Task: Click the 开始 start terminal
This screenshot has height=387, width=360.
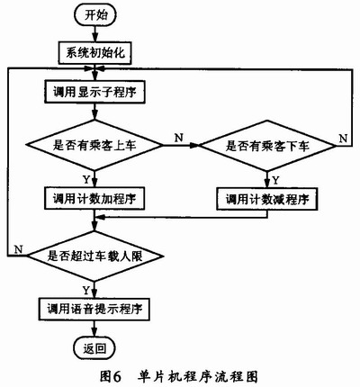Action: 94,15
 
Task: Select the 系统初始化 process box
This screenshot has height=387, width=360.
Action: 94,53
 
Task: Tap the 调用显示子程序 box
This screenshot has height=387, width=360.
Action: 94,92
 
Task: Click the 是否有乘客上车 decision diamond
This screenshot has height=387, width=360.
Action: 94,146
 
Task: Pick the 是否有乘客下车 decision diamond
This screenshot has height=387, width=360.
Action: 267,146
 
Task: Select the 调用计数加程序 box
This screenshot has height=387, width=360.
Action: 94,199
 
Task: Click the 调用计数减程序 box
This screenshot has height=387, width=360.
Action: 267,199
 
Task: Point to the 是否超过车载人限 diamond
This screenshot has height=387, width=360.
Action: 94,256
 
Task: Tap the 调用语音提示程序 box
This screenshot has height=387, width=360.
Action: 94,310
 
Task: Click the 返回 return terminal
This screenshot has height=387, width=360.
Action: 94,348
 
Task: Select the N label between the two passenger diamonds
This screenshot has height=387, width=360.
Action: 179,138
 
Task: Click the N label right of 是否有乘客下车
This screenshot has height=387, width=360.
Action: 343,139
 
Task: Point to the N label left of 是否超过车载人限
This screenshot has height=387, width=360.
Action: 19,249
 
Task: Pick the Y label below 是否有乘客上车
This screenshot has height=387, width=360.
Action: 86,179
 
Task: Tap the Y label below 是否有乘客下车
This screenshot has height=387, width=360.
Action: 275,180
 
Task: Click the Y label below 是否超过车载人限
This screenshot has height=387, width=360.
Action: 86,290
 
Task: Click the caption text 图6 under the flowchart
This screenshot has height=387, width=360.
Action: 111,375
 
